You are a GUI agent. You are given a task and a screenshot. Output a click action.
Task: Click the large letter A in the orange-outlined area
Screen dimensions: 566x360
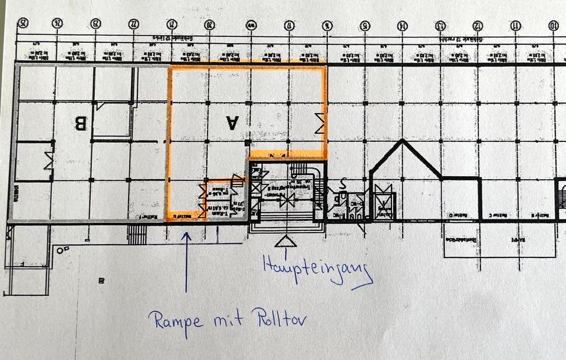[232, 123]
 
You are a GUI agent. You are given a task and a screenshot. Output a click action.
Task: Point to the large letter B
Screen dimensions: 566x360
[80, 123]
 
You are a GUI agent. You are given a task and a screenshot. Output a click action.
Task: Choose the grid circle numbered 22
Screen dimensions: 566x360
[133, 25]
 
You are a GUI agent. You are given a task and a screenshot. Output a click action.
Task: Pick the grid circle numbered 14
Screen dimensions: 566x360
[402, 25]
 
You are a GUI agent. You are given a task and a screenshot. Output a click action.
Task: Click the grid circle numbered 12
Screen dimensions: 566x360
[478, 25]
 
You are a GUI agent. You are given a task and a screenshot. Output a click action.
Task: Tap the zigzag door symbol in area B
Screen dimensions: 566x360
[49, 160]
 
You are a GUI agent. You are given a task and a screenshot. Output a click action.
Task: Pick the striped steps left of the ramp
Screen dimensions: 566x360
[137, 234]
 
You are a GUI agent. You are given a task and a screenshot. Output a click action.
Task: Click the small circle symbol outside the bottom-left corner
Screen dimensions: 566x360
[60, 250]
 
